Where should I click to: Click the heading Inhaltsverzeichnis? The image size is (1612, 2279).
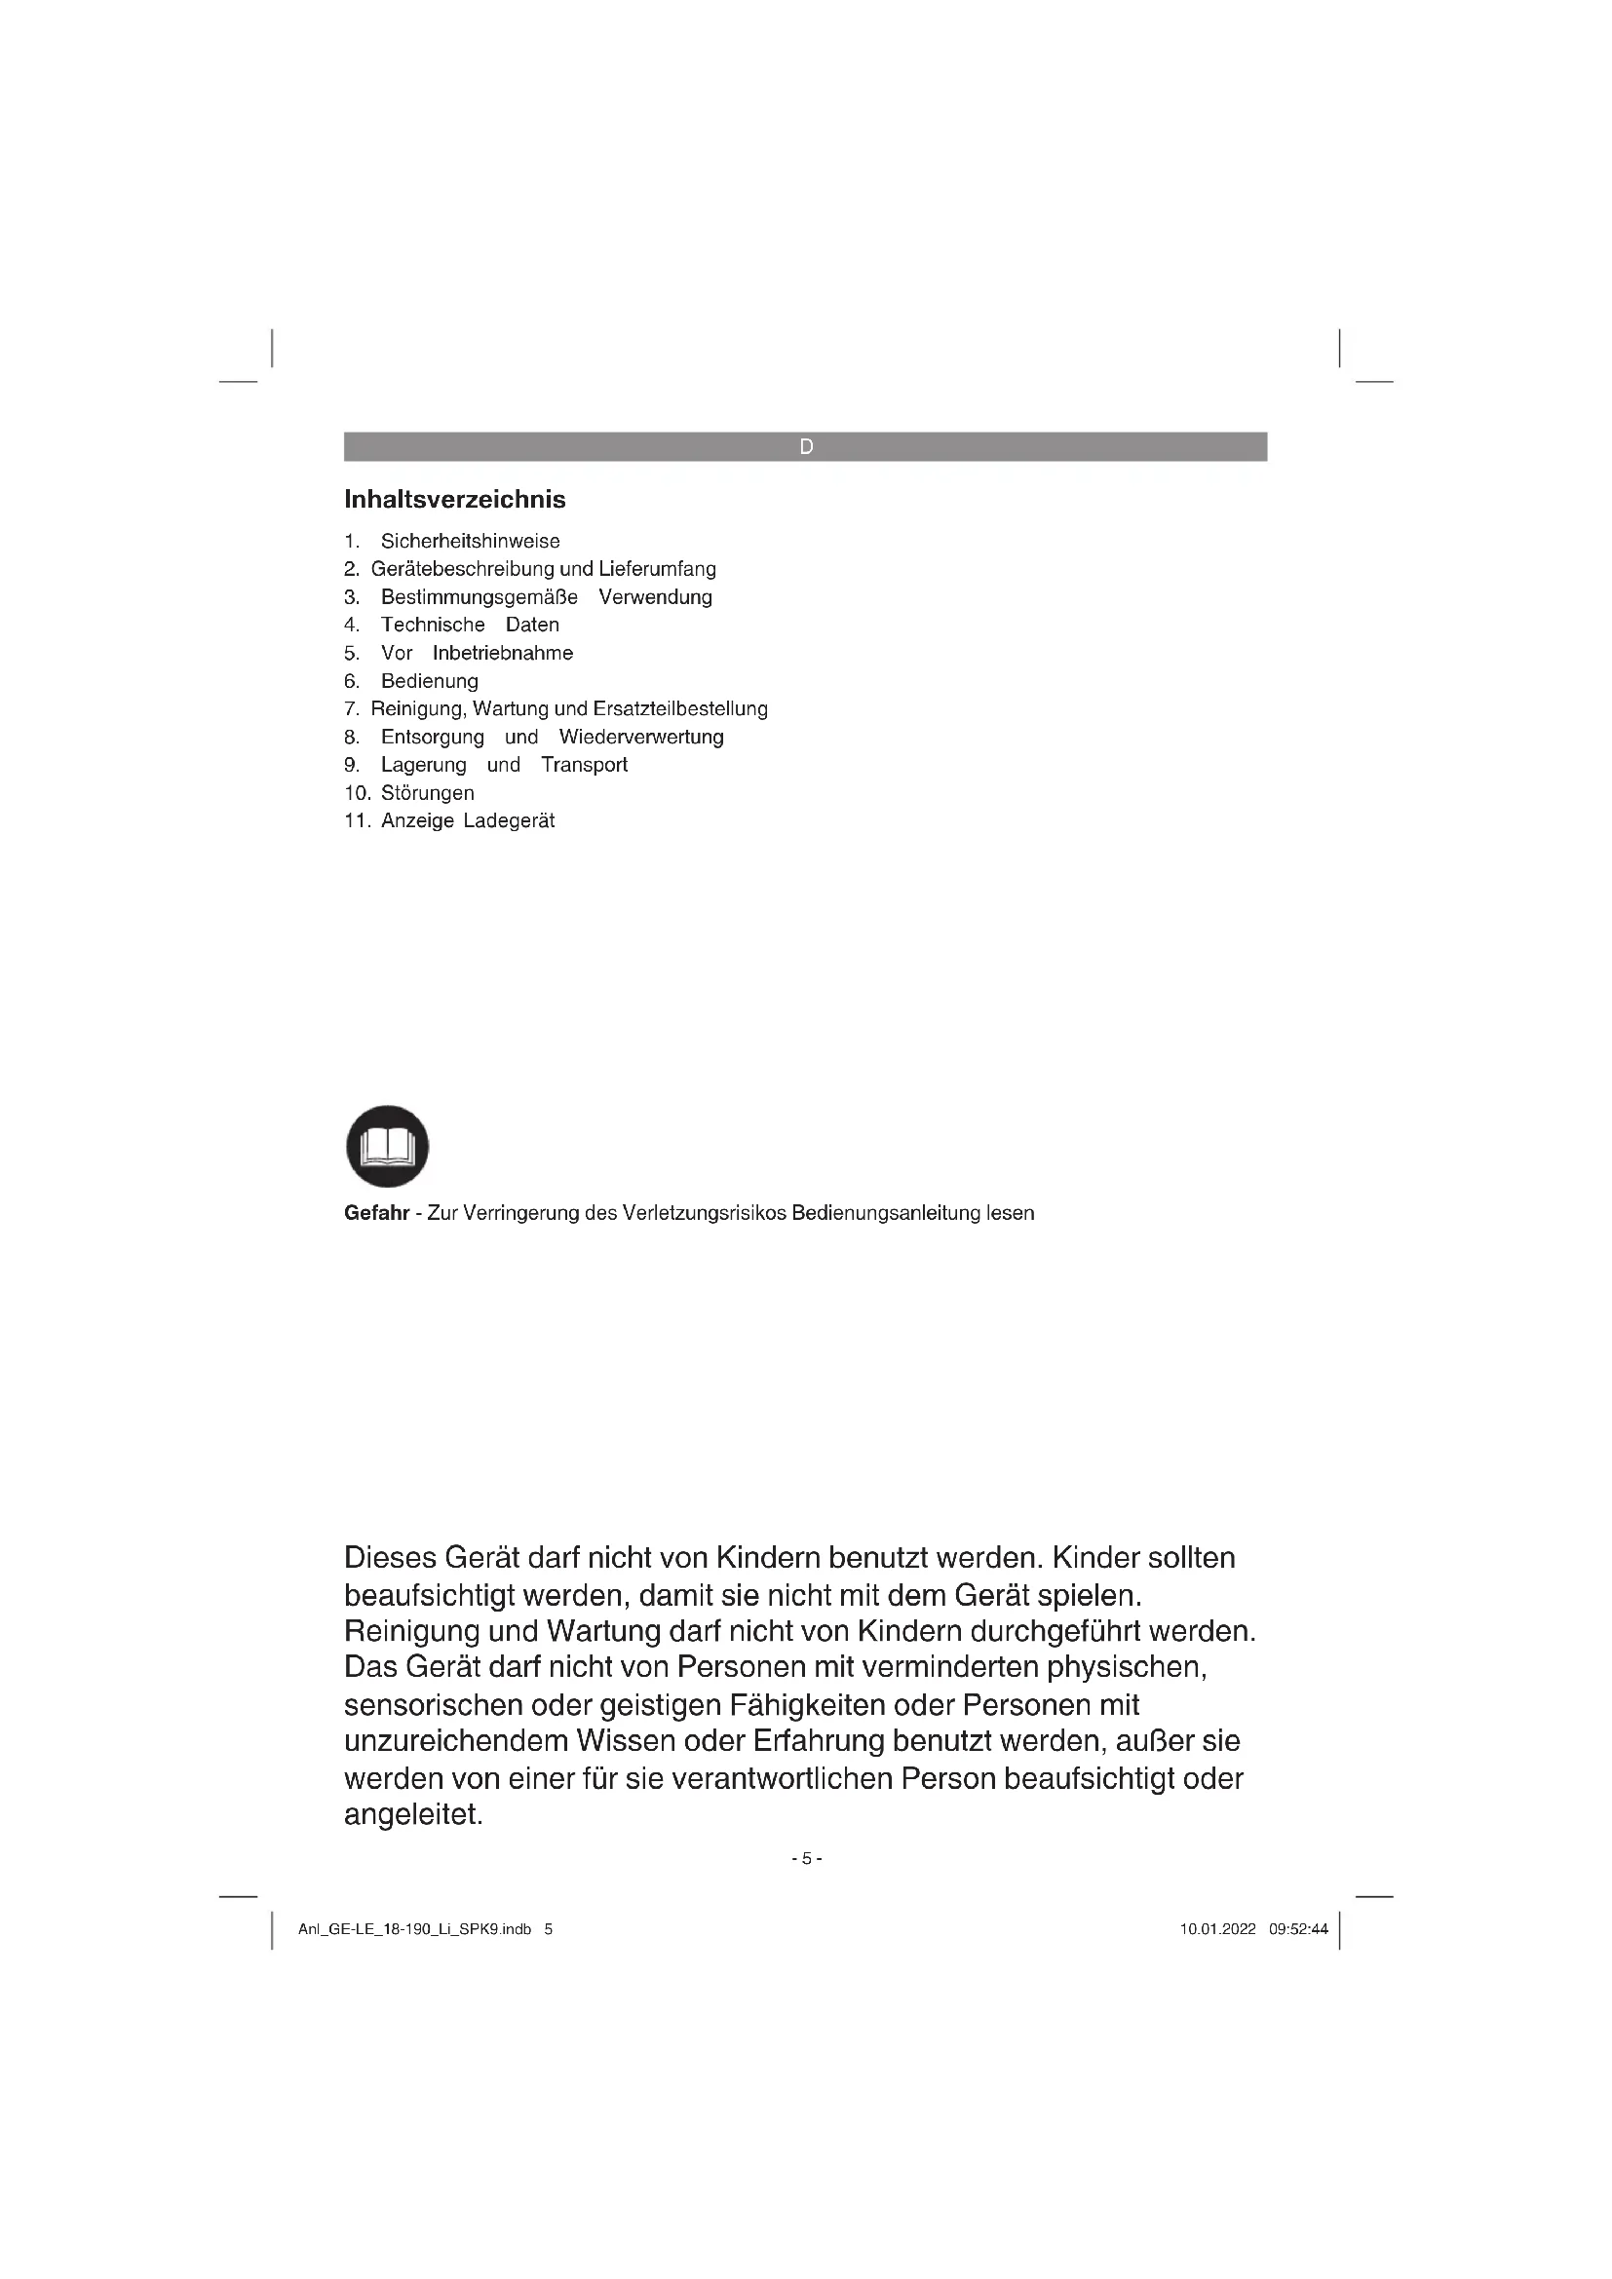coord(454,499)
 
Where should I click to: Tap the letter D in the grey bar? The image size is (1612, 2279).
coord(806,446)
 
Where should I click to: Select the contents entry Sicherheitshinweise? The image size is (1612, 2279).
coord(471,541)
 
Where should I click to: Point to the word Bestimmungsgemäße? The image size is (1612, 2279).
coord(480,596)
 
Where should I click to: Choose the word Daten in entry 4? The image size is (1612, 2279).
coord(532,625)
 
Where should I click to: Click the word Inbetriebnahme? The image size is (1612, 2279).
coord(502,653)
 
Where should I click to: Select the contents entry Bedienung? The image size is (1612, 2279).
coord(430,681)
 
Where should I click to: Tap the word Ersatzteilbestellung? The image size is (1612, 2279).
coord(680,708)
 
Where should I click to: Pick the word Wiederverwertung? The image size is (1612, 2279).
coord(641,737)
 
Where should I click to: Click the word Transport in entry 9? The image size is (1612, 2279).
coord(584,764)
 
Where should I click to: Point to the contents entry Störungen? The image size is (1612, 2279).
coord(428,793)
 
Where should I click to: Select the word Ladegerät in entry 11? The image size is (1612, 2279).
coord(509,820)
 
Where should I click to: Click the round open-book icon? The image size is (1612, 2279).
coord(387,1147)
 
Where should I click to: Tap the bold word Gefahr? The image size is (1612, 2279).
coord(376,1213)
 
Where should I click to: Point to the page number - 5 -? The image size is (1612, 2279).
coord(806,1858)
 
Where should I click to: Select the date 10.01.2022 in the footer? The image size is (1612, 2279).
coord(1218,1929)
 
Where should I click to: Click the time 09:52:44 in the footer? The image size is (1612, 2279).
coord(1298,1929)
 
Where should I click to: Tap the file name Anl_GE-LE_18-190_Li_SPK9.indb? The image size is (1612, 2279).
coord(415,1929)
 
